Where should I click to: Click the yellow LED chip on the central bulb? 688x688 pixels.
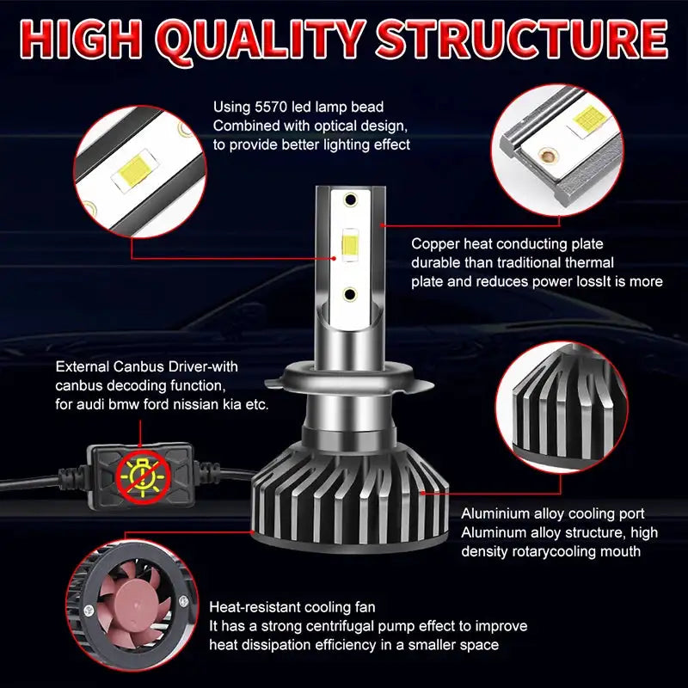350,246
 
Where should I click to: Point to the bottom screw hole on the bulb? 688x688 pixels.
350,293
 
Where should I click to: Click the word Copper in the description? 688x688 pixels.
433,244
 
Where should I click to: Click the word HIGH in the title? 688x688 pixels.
86,40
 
